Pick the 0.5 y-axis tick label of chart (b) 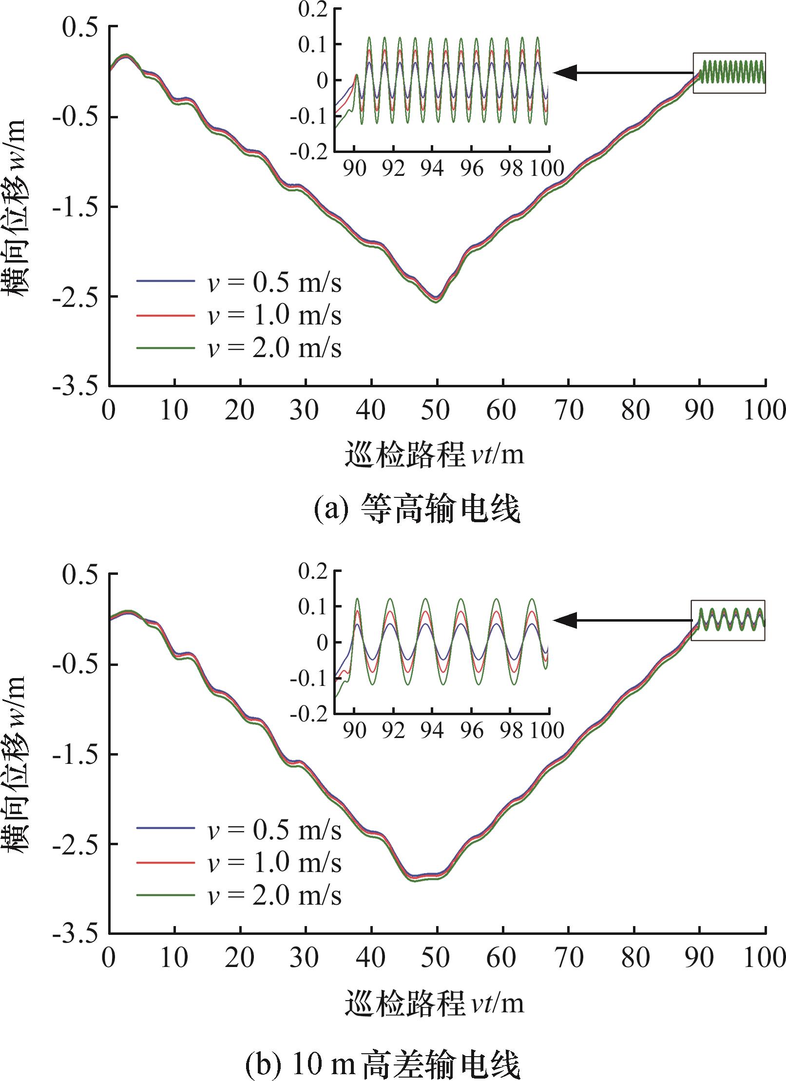coord(79,575)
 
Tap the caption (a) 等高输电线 coord(417,510)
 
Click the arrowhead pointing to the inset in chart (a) coord(565,73)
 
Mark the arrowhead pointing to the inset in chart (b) coord(565,621)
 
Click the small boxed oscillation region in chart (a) coord(729,73)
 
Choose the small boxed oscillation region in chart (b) coord(728,620)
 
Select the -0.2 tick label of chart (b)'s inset coord(309,716)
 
